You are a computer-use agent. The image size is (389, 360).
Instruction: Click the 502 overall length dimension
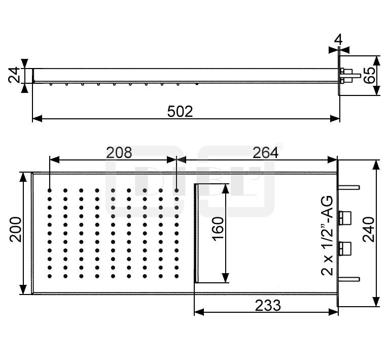[x=180, y=112]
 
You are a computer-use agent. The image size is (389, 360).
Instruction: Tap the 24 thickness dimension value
[x=14, y=75]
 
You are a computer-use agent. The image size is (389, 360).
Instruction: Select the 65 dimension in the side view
[x=369, y=75]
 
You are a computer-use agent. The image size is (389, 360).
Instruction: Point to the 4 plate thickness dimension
[x=338, y=40]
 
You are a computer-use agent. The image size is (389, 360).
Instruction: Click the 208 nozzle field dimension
[x=119, y=152]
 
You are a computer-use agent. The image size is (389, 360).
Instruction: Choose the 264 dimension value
[x=265, y=152]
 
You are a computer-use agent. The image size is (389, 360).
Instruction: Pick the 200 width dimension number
[x=15, y=230]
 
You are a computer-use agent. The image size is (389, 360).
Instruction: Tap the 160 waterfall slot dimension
[x=218, y=228]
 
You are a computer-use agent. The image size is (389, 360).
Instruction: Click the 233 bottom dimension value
[x=268, y=305]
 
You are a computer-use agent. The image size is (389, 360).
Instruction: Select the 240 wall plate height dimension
[x=368, y=230]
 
